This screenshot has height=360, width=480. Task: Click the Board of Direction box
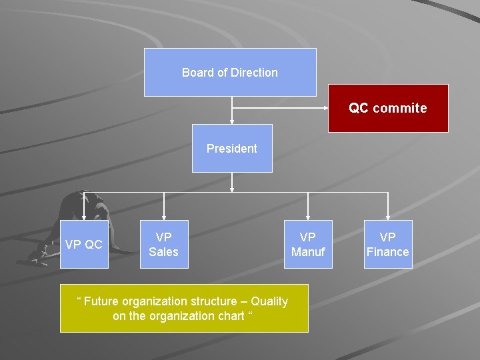tap(230, 72)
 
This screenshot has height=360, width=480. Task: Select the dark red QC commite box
tap(388, 108)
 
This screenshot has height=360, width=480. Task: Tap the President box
tap(232, 148)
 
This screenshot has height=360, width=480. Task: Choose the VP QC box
tap(84, 244)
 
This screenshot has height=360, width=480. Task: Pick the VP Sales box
tap(163, 244)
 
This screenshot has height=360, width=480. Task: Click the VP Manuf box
tap(308, 244)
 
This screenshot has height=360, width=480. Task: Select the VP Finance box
tap(388, 244)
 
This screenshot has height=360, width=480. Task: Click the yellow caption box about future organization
tap(184, 308)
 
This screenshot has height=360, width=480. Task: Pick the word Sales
tap(163, 251)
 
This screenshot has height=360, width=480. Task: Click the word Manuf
tap(308, 251)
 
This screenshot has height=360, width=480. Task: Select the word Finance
tap(388, 251)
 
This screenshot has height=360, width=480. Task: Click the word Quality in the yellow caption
tap(268, 301)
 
